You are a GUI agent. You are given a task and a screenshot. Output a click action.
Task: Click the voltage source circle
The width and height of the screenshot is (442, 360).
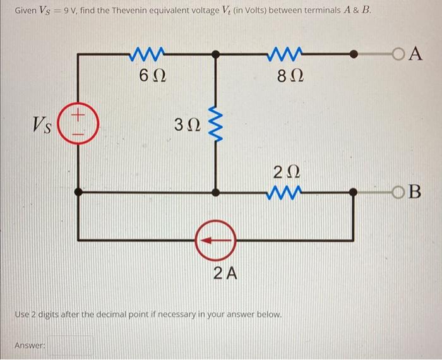pyautogui.click(x=78, y=123)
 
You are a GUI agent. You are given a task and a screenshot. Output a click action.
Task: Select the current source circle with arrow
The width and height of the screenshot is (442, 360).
pyautogui.click(x=215, y=240)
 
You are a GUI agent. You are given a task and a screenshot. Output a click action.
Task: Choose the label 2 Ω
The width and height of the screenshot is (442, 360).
pyautogui.click(x=287, y=171)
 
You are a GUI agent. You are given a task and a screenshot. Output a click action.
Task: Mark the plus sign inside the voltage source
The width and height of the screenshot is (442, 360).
pyautogui.click(x=78, y=116)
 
